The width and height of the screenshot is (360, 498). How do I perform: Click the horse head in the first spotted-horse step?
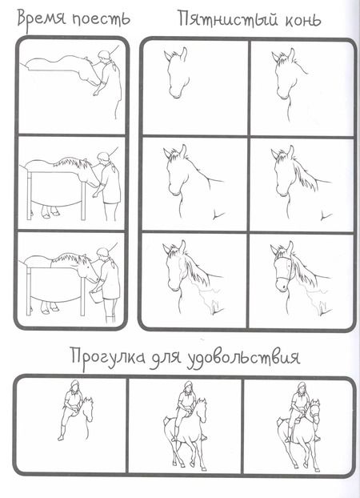tap(176, 72)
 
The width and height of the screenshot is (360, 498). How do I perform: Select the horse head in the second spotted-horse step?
tap(282, 74)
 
